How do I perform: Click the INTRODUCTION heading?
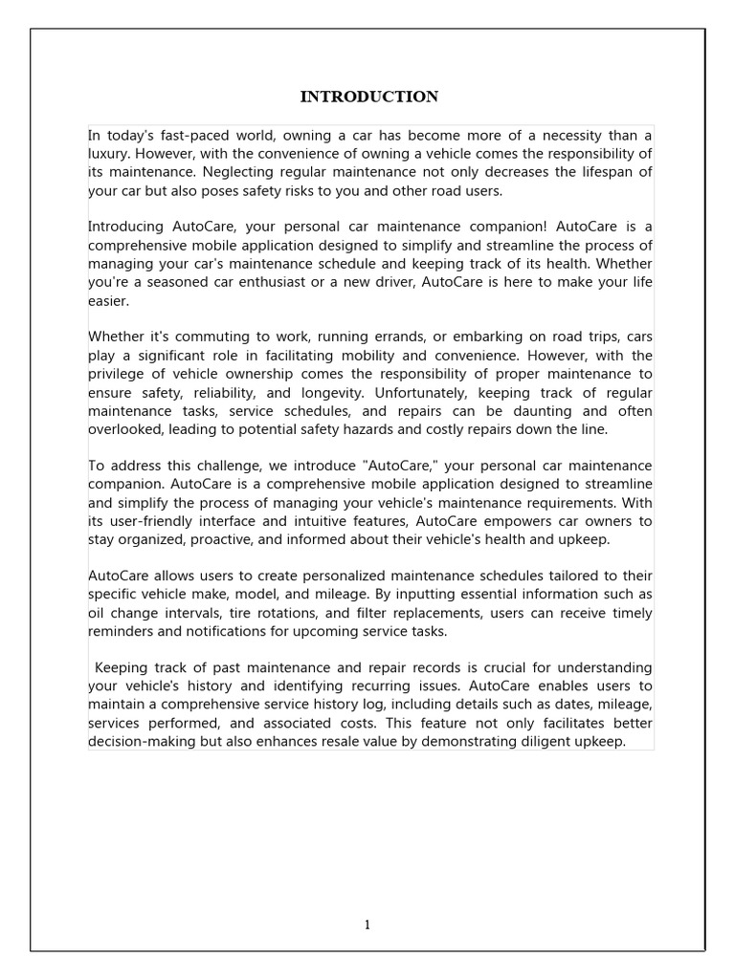(x=369, y=97)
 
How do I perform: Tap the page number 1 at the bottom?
(x=367, y=924)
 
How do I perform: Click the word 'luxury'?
(x=109, y=154)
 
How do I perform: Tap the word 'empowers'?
(x=549, y=520)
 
